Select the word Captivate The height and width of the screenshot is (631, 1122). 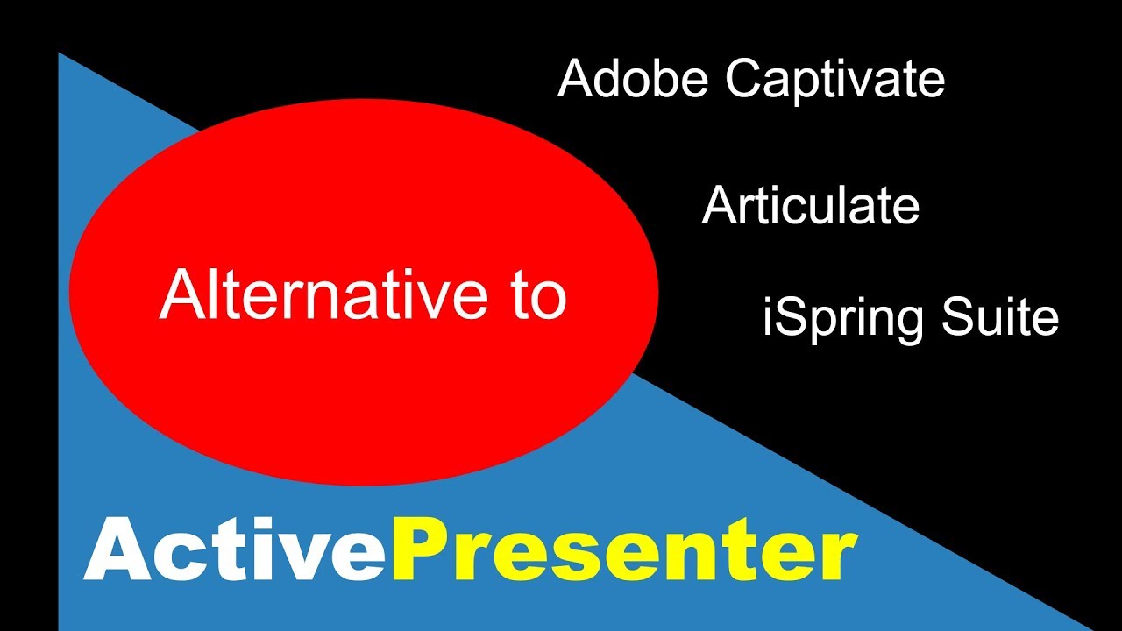835,81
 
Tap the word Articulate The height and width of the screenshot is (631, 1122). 811,207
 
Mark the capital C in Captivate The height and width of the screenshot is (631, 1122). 743,80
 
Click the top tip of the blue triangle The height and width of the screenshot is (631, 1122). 60,54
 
